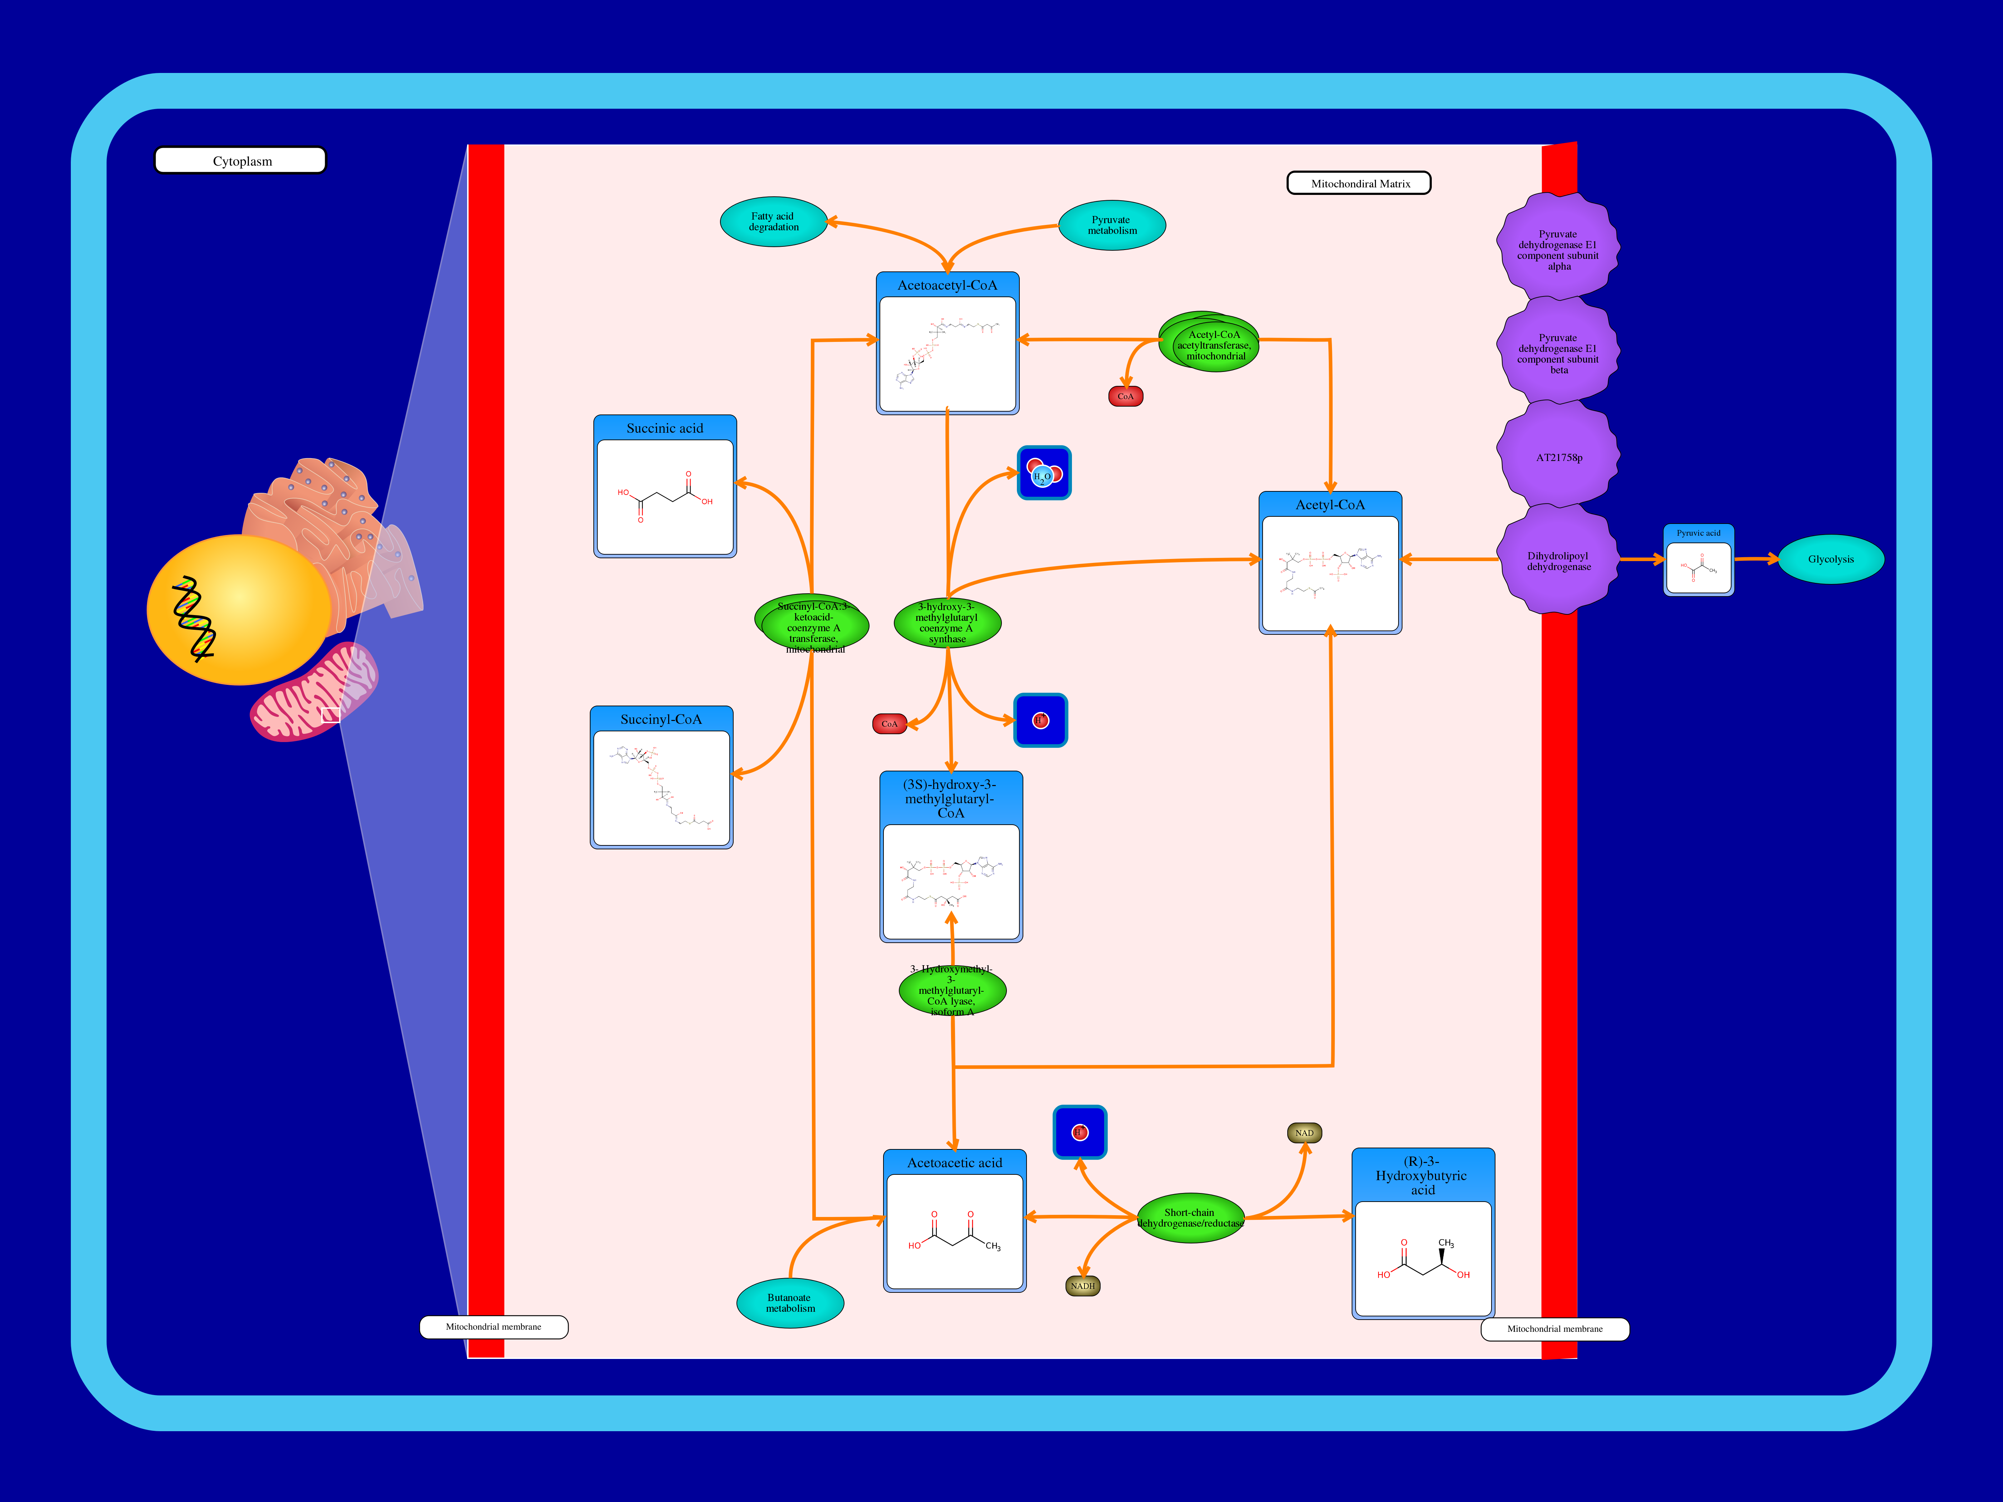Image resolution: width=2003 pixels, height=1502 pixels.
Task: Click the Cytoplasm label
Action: click(241, 161)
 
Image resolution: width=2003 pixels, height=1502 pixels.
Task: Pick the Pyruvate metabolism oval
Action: click(1112, 225)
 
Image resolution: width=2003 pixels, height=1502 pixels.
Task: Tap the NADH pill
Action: click(1083, 1286)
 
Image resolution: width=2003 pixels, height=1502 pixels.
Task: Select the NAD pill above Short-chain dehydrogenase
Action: click(1304, 1133)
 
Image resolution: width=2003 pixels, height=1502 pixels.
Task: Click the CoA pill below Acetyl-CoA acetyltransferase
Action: click(1126, 397)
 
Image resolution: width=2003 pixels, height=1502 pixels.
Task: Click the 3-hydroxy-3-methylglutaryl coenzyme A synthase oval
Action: click(947, 623)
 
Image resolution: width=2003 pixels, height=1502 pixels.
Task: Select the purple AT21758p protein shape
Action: click(1558, 457)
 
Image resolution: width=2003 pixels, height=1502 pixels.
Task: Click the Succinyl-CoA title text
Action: click(661, 719)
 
